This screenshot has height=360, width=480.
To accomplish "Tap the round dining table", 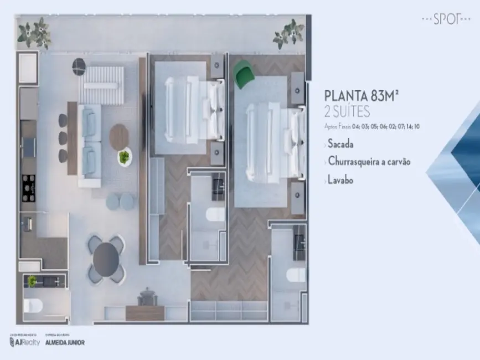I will coord(106,259).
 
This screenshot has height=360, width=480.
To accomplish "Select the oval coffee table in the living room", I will coord(119,136).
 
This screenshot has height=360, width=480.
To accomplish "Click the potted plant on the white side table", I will coord(124,157).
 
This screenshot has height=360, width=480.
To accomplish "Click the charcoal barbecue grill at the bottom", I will coord(146,297).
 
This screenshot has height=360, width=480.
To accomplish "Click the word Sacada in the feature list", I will coord(340,144).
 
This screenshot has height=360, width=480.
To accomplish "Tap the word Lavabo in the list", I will coord(340,179).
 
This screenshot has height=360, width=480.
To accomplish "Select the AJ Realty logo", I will coord(25,342).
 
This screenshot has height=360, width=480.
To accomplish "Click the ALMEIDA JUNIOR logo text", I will coord(65,342).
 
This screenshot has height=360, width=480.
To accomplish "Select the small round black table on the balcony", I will coord(79,67).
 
